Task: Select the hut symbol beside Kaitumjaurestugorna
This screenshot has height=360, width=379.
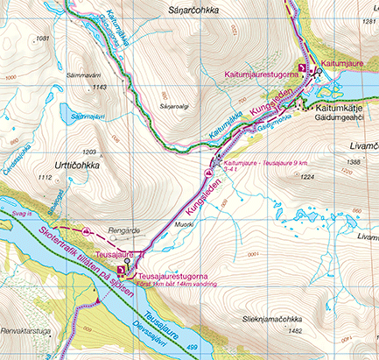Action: (304, 68)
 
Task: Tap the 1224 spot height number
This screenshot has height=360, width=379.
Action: (306, 176)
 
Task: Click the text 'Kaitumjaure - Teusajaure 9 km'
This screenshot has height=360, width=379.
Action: (263, 163)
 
